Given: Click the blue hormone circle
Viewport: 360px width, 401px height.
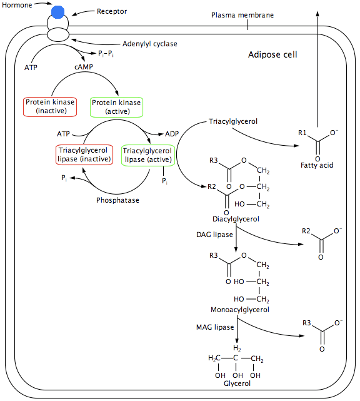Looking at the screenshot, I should pyautogui.click(x=57, y=12).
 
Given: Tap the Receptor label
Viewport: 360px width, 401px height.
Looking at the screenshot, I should pyautogui.click(x=112, y=11).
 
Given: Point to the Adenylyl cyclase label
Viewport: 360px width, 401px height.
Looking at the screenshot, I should pyautogui.click(x=149, y=43).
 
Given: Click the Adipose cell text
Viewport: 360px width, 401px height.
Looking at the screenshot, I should pyautogui.click(x=272, y=54).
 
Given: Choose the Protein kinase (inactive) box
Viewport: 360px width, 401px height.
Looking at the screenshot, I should pyautogui.click(x=50, y=106).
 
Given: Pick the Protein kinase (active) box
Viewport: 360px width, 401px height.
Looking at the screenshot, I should pyautogui.click(x=117, y=106).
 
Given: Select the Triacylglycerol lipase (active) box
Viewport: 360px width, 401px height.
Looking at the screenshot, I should pyautogui.click(x=147, y=155).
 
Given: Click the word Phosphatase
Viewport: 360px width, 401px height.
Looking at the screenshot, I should pyautogui.click(x=117, y=200).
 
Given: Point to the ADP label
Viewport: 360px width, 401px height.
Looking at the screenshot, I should pyautogui.click(x=172, y=134).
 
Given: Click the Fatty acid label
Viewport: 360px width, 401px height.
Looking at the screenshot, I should pyautogui.click(x=317, y=165).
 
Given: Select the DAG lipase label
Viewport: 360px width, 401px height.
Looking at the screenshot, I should pyautogui.click(x=215, y=234).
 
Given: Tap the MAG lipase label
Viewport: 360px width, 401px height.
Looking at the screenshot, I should pyautogui.click(x=215, y=327).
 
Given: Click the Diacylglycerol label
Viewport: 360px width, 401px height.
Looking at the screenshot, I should pyautogui.click(x=236, y=219).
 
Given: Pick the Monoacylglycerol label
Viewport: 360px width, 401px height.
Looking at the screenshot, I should pyautogui.click(x=240, y=310).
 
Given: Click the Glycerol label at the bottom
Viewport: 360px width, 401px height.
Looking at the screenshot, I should pyautogui.click(x=237, y=383).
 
